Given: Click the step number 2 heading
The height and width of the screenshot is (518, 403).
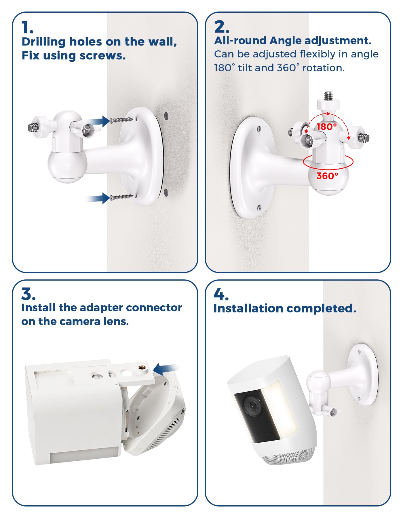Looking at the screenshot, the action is pos(222,27).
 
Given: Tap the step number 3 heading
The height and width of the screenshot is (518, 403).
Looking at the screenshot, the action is pos(28,294).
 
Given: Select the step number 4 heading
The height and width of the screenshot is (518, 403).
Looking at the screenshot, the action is pos(221,294).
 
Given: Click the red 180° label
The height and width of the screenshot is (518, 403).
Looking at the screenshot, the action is pos(327,127).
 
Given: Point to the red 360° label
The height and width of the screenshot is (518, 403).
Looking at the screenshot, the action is pos(327,176).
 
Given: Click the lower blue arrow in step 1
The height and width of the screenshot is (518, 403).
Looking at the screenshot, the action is pos(98,198).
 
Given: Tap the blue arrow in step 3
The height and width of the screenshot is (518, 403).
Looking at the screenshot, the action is pos(166,369).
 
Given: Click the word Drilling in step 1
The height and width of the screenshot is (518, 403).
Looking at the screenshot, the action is pos(44,42).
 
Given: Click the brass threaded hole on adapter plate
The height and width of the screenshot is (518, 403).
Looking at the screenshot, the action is pos(142,368).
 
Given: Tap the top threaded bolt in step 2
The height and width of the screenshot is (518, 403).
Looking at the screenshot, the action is pos(328,95).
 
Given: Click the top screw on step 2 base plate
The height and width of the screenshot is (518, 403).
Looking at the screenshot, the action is pos(259,129).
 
